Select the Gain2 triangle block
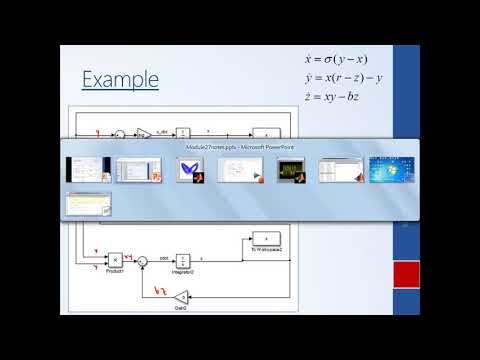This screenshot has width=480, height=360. click(x=179, y=296)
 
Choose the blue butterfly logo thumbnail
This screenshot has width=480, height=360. click(x=188, y=170)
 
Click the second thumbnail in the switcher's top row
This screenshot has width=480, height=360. click(x=137, y=170)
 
